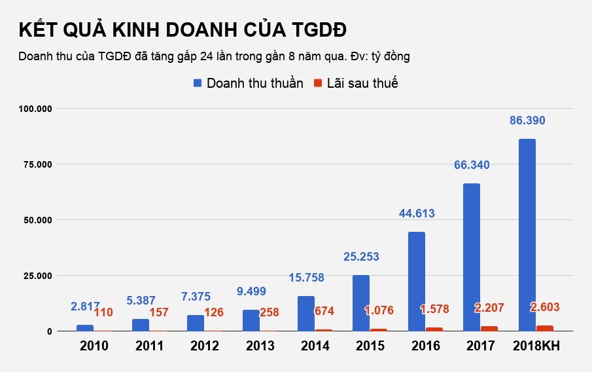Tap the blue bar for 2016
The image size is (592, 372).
[416, 281]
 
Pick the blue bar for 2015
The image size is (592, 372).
[361, 303]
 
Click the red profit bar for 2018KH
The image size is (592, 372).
[544, 328]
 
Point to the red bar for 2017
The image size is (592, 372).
[489, 329]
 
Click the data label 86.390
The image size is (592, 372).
[527, 121]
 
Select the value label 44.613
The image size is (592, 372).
[417, 214]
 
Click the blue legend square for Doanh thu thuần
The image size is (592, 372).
[198, 83]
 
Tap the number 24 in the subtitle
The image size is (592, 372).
[206, 56]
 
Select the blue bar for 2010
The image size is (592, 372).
[85, 327]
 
